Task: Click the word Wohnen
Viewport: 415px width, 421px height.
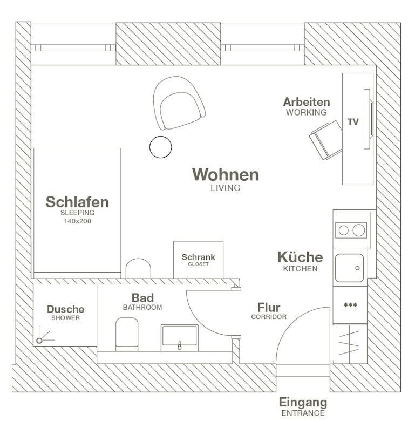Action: (x=226, y=175)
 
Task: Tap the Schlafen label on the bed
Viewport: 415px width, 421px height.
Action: (x=77, y=202)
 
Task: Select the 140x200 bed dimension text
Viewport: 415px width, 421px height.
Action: (x=78, y=221)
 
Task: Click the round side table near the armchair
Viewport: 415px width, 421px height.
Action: (x=160, y=147)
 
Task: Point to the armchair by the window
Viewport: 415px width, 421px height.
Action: (x=178, y=103)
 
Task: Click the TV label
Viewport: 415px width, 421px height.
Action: (x=353, y=123)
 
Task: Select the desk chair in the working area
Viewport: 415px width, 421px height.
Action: (x=326, y=139)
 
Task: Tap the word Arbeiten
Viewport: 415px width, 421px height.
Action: (x=306, y=102)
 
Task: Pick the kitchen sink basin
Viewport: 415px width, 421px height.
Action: (x=349, y=268)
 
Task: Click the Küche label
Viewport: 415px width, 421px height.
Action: (x=300, y=257)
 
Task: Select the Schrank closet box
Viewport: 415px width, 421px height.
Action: (x=198, y=259)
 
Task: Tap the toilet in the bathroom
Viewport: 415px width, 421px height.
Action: (x=127, y=333)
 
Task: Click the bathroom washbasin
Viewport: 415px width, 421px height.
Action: (x=179, y=337)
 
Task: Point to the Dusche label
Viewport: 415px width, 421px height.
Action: (x=65, y=309)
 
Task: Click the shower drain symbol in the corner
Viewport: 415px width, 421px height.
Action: (x=39, y=341)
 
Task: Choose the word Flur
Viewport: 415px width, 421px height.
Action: (x=268, y=308)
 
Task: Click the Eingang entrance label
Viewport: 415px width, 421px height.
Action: (x=303, y=403)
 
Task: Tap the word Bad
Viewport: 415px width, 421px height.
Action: (x=142, y=298)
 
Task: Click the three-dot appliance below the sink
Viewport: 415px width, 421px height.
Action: (x=350, y=305)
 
